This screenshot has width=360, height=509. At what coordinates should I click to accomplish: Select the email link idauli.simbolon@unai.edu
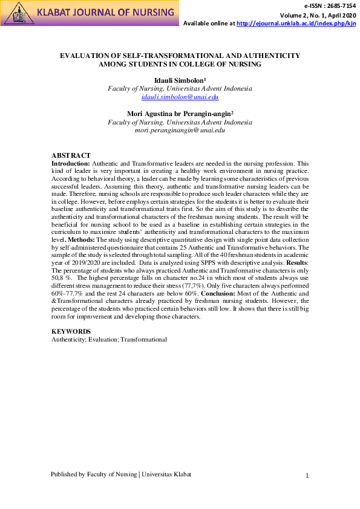click(x=180, y=97)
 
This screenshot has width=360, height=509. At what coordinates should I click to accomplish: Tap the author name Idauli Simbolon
click(x=180, y=79)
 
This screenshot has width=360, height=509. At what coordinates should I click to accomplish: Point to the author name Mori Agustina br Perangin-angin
click(x=180, y=113)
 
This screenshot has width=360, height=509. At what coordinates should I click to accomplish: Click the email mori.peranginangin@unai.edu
click(x=180, y=130)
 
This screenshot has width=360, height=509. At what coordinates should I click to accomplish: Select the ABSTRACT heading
click(x=71, y=155)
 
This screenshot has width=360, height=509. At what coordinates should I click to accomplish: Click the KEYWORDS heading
click(x=71, y=331)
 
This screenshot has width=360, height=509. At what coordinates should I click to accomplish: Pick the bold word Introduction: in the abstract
click(x=71, y=163)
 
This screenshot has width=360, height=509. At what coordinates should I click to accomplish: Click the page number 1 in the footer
click(x=307, y=476)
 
